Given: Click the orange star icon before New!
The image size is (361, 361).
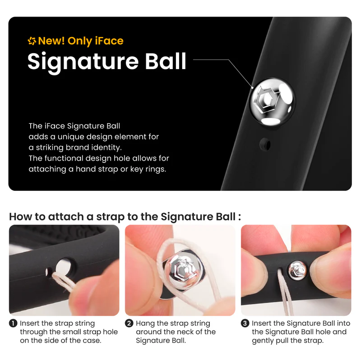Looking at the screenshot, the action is pyautogui.click(x=32, y=41).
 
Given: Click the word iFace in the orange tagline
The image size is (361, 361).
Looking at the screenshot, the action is pyautogui.click(x=109, y=41).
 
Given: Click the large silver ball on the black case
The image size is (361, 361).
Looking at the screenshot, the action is pyautogui.click(x=273, y=102).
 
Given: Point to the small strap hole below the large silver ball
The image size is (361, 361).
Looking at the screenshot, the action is pyautogui.click(x=265, y=144).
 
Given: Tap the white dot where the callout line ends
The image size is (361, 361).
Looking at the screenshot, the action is pyautogui.click(x=252, y=88).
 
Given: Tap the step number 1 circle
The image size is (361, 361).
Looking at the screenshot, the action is pyautogui.click(x=13, y=324).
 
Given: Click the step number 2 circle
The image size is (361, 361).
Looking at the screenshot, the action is pyautogui.click(x=129, y=324).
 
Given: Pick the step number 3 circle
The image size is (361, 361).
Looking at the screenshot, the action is pyautogui.click(x=245, y=324).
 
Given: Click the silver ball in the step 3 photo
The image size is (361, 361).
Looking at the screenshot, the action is pyautogui.click(x=298, y=271).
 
